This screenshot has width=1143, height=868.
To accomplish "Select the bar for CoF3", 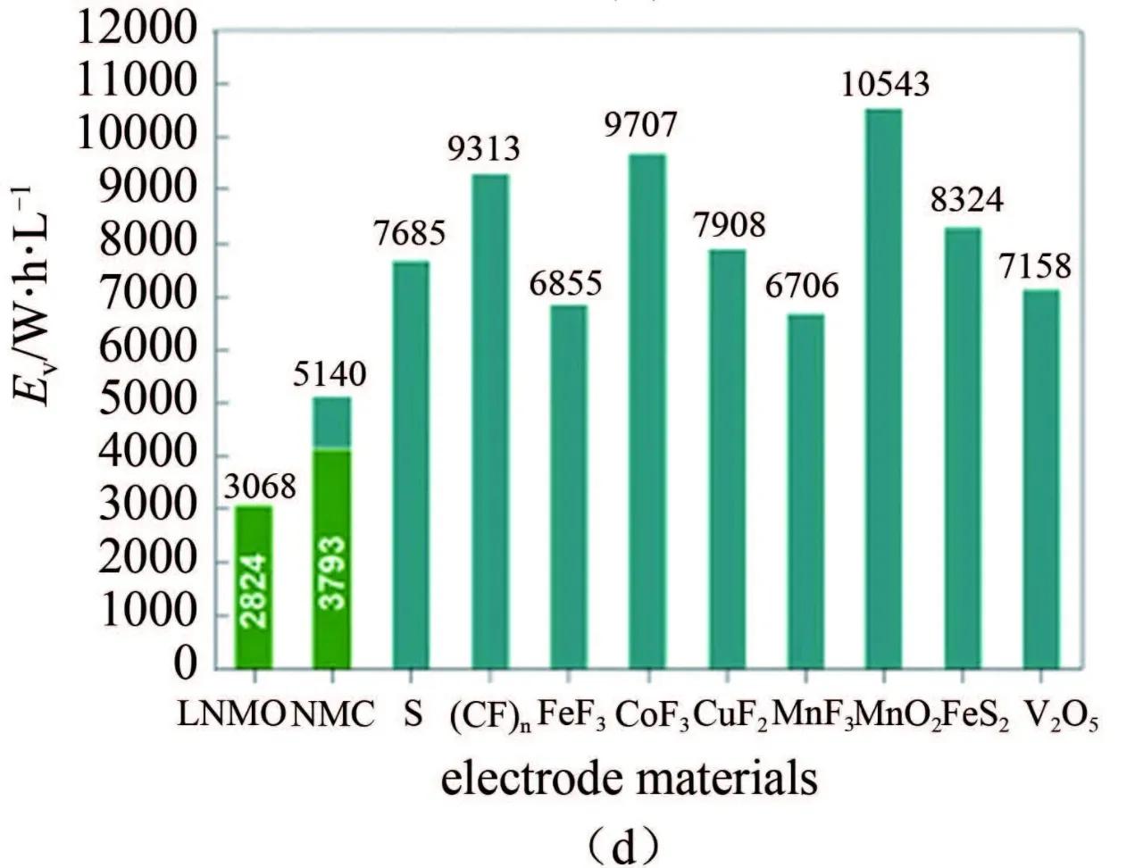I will point(647,411).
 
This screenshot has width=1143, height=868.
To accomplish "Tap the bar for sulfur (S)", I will point(410,464).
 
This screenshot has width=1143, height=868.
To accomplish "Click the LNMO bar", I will point(253,587).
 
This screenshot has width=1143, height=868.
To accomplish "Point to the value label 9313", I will point(484,148).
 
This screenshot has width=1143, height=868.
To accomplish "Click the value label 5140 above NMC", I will point(330,374).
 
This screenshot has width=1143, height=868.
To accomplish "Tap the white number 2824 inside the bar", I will point(254,591).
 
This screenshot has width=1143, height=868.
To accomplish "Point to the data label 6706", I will point(803,287).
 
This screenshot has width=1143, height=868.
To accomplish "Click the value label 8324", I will point(966,200).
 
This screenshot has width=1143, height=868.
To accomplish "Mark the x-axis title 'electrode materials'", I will point(630,779).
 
